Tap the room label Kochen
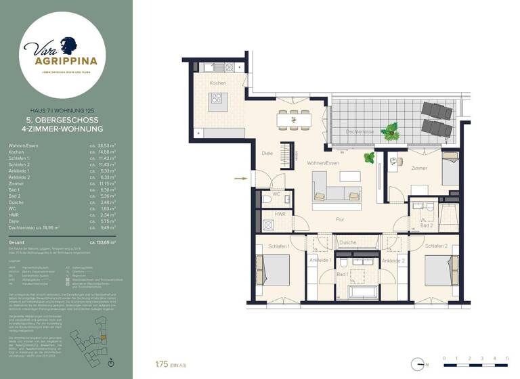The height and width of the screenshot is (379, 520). [217, 83]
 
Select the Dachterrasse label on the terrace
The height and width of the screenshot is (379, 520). [358, 132]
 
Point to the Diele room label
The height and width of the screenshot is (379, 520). [267, 154]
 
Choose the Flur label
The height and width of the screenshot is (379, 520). [341, 219]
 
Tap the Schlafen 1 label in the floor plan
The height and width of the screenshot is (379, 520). [279, 246]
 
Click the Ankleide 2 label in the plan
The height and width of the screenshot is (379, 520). [393, 261]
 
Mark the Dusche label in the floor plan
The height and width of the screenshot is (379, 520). [348, 242]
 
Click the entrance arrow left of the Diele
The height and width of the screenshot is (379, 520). [238, 179]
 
